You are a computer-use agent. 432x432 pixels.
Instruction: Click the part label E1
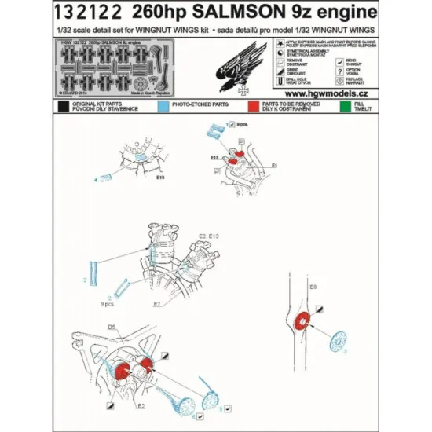(274, 167)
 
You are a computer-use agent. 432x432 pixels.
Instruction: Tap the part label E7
(156, 303)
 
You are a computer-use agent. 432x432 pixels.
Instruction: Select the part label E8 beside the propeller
(313, 288)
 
